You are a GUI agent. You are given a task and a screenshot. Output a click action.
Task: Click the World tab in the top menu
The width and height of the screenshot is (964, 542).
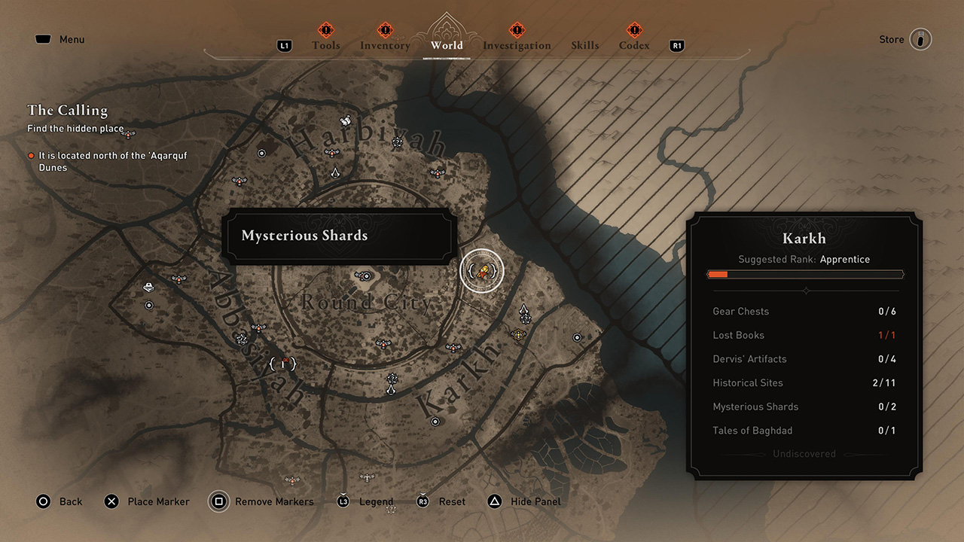pyautogui.click(x=447, y=45)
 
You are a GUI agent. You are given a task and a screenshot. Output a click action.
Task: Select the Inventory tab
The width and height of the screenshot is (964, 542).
pyautogui.click(x=385, y=45)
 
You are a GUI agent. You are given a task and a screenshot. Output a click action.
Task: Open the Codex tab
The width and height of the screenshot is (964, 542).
pyautogui.click(x=634, y=45)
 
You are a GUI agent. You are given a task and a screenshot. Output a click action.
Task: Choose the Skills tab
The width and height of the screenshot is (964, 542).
pyautogui.click(x=585, y=45)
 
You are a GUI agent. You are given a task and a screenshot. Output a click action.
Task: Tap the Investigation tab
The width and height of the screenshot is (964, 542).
pyautogui.click(x=517, y=45)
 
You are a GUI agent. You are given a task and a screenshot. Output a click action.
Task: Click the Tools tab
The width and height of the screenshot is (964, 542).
pyautogui.click(x=326, y=45)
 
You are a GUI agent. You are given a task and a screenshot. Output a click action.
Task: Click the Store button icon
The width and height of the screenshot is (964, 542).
pyautogui.click(x=920, y=39)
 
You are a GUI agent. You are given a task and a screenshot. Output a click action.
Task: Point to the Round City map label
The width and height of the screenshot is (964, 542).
pyautogui.click(x=367, y=303)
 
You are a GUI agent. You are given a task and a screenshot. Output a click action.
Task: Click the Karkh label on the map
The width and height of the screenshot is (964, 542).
pyautogui.click(x=457, y=380)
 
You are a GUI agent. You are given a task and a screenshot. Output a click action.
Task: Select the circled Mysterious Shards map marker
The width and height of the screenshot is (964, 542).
pyautogui.click(x=481, y=271)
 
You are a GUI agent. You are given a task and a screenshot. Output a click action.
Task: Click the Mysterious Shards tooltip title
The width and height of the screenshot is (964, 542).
pyautogui.click(x=304, y=236)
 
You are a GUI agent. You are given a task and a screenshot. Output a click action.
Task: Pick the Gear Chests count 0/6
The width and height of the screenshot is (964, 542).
pyautogui.click(x=887, y=312)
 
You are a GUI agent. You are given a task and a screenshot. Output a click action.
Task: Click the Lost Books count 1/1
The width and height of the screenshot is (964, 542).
pyautogui.click(x=887, y=336)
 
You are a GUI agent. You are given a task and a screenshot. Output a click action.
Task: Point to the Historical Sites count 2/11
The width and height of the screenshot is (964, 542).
pyautogui.click(x=884, y=383)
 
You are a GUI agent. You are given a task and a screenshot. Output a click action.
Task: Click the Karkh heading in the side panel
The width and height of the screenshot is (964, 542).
pyautogui.click(x=804, y=239)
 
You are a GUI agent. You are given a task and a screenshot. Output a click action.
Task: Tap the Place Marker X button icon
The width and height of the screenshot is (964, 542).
pyautogui.click(x=111, y=501)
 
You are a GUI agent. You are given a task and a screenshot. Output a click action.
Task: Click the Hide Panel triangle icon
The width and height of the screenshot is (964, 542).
pyautogui.click(x=495, y=501)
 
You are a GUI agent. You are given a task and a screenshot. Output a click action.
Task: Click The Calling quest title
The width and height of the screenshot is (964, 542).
pyautogui.click(x=67, y=111)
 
